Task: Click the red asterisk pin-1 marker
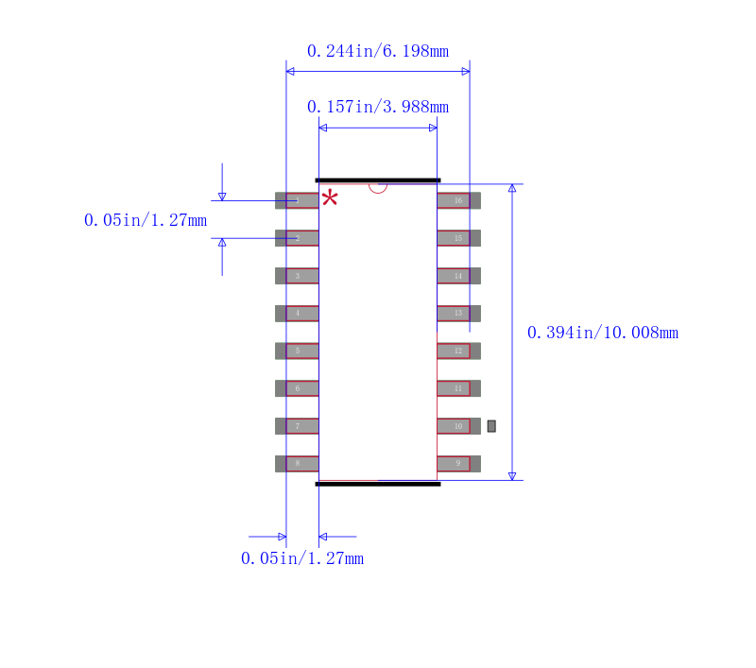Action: coord(329,197)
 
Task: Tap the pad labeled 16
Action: coord(458,200)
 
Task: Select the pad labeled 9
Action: coord(458,464)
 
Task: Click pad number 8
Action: coord(297,464)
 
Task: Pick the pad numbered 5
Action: coord(297,351)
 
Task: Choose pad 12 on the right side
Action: coord(458,351)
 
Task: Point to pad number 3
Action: coord(297,276)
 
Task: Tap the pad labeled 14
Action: coord(458,276)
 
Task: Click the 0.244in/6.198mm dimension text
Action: coord(377,51)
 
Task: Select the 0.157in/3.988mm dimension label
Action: coord(377,107)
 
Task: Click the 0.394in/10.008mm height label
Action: coord(602,333)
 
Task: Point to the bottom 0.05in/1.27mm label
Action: coord(301,558)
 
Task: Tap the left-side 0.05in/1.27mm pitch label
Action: coord(145,220)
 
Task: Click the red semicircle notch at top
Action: coord(378,187)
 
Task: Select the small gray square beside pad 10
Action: coord(491,426)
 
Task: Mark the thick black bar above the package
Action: coord(378,180)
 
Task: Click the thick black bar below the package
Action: coord(378,484)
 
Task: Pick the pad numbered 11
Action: coord(458,388)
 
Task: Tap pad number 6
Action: coord(297,388)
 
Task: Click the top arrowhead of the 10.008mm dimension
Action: coord(512,188)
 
